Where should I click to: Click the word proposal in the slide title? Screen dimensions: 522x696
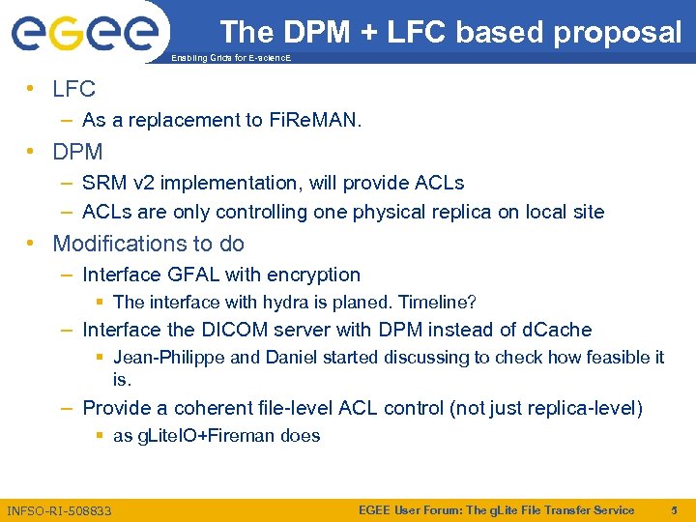point(618,33)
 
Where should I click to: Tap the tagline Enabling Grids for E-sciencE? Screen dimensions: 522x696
point(229,59)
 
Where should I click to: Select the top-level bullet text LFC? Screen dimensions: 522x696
point(74,90)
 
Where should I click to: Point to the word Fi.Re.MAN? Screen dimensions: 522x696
point(312,121)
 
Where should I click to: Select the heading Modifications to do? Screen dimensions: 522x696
point(149,244)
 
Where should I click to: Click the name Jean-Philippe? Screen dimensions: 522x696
point(170,358)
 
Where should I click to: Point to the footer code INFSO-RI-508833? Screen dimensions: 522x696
point(59,510)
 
